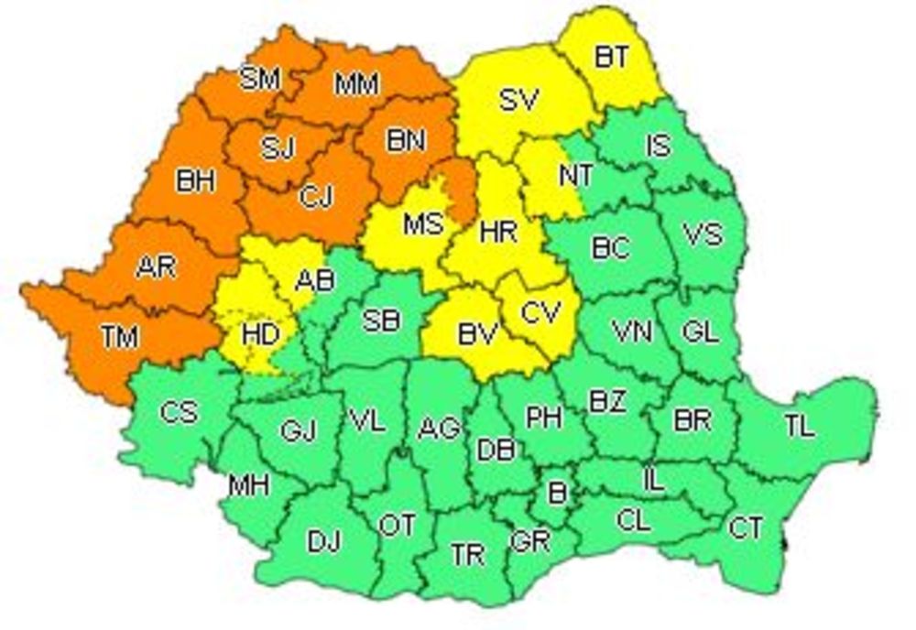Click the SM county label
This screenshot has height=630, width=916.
click(x=259, y=80)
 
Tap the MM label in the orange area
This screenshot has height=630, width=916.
click(x=357, y=85)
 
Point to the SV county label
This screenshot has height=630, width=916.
click(x=518, y=99)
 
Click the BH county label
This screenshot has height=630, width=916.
click(x=195, y=181)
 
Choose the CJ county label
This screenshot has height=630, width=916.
click(x=317, y=196)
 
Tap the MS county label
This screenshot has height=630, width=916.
click(x=422, y=223)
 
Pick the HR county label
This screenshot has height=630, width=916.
click(x=498, y=232)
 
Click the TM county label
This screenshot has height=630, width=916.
click(x=119, y=337)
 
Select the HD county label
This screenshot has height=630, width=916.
click(x=260, y=335)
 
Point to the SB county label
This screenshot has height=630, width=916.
click(x=380, y=320)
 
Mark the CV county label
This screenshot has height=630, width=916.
click(x=541, y=313)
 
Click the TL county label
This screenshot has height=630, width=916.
click(x=799, y=426)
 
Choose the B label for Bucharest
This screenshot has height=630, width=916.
click(x=557, y=492)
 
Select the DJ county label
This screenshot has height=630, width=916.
click(x=323, y=542)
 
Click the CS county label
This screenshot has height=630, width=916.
click(x=178, y=412)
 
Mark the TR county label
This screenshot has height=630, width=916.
click(x=467, y=555)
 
